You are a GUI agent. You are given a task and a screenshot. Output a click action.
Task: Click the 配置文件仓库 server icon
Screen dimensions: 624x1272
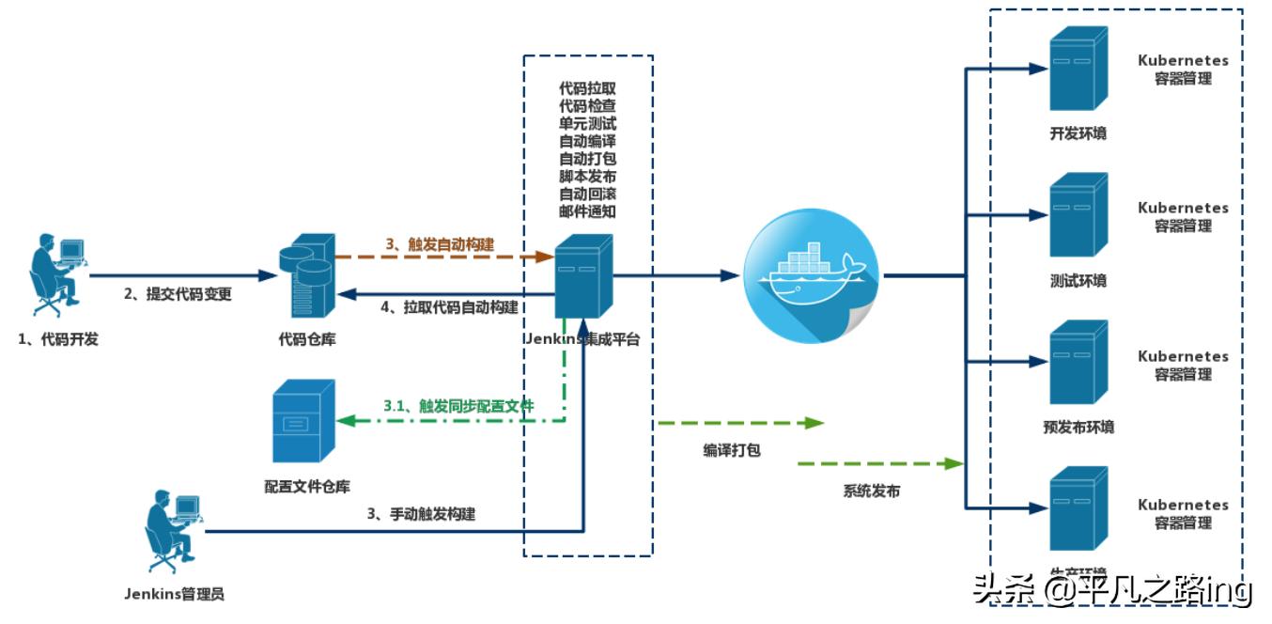pos(302,421)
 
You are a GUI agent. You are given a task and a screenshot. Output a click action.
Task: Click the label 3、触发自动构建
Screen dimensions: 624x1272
pos(439,244)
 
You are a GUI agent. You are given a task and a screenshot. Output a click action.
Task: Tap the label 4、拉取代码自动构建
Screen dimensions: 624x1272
pos(447,307)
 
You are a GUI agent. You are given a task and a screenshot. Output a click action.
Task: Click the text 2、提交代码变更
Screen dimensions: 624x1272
pos(178,294)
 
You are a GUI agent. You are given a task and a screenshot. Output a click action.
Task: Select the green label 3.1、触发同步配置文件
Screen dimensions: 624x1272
pos(458,406)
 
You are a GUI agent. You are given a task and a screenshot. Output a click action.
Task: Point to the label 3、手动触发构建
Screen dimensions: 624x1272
pos(420,514)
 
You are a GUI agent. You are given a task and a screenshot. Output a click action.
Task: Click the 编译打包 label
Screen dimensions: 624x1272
pos(731,450)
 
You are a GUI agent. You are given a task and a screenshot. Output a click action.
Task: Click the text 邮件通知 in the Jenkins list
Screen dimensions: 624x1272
pos(587,211)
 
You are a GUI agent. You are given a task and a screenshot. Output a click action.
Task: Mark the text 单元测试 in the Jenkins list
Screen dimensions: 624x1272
pos(587,123)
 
